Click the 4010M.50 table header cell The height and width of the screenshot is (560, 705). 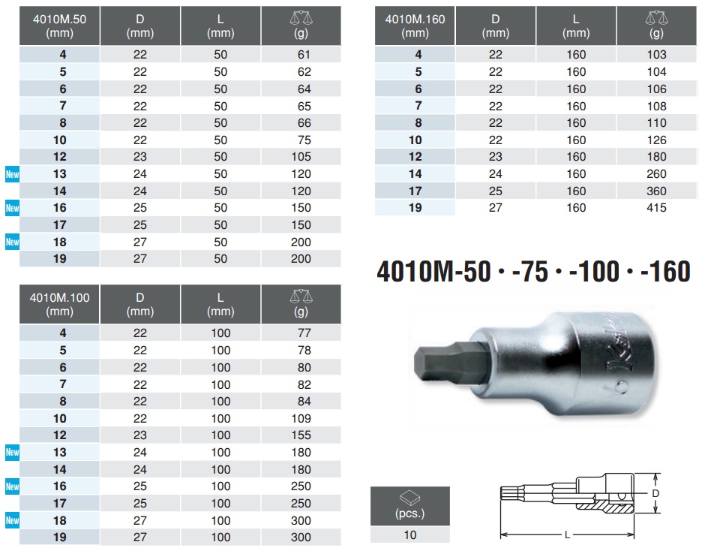59,26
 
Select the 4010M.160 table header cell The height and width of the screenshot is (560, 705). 415,26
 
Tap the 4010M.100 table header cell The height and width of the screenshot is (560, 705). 59,304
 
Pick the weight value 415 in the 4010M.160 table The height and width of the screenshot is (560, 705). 656,208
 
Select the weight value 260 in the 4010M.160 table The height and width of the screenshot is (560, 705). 656,174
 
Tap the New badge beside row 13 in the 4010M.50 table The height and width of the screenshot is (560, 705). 12,174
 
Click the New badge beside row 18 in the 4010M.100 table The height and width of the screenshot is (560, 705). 12,520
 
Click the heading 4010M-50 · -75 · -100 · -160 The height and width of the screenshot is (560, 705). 532,271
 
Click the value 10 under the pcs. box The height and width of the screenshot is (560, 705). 409,535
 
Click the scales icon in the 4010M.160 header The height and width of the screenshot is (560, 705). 656,18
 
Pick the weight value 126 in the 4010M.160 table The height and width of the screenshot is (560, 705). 656,140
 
